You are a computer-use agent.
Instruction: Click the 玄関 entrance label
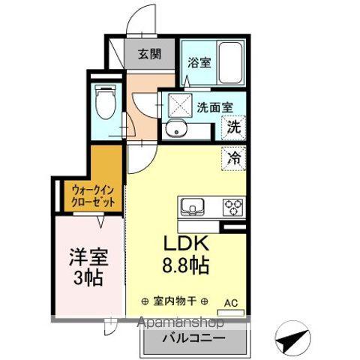point(150,53)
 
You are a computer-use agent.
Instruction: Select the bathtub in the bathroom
point(228,62)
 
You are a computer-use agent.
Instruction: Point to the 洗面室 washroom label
point(214,106)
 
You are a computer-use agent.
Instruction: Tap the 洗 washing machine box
point(235,127)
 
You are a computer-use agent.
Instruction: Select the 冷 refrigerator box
point(235,158)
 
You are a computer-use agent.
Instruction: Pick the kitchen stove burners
point(232,205)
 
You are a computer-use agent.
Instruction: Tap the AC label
point(231,304)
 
